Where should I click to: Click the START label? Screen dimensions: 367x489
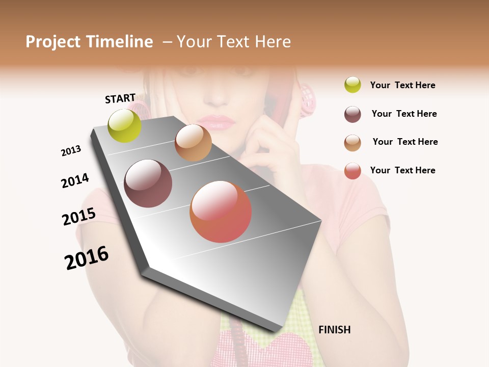tap(120, 98)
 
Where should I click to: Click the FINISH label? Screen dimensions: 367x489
tap(334, 330)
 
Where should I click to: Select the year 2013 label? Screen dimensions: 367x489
tap(71, 151)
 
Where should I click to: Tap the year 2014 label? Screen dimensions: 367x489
tap(75, 181)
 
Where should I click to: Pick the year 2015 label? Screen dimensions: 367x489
tap(79, 217)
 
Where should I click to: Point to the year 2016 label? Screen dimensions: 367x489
tap(87, 258)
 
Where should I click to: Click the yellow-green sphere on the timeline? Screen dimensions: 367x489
tap(125, 125)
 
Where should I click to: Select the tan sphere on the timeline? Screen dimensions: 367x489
tap(193, 143)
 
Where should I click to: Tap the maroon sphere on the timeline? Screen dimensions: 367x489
tap(148, 183)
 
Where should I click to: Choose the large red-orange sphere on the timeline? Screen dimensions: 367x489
tap(221, 212)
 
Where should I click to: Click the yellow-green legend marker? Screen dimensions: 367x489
tap(352, 85)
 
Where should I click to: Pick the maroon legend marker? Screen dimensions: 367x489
tap(352, 114)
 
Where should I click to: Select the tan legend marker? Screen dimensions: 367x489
tap(352, 143)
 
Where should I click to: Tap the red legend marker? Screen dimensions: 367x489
tap(352, 171)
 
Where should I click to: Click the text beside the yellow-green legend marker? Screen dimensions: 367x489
tap(402, 86)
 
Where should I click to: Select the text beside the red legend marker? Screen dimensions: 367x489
tap(402, 170)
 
